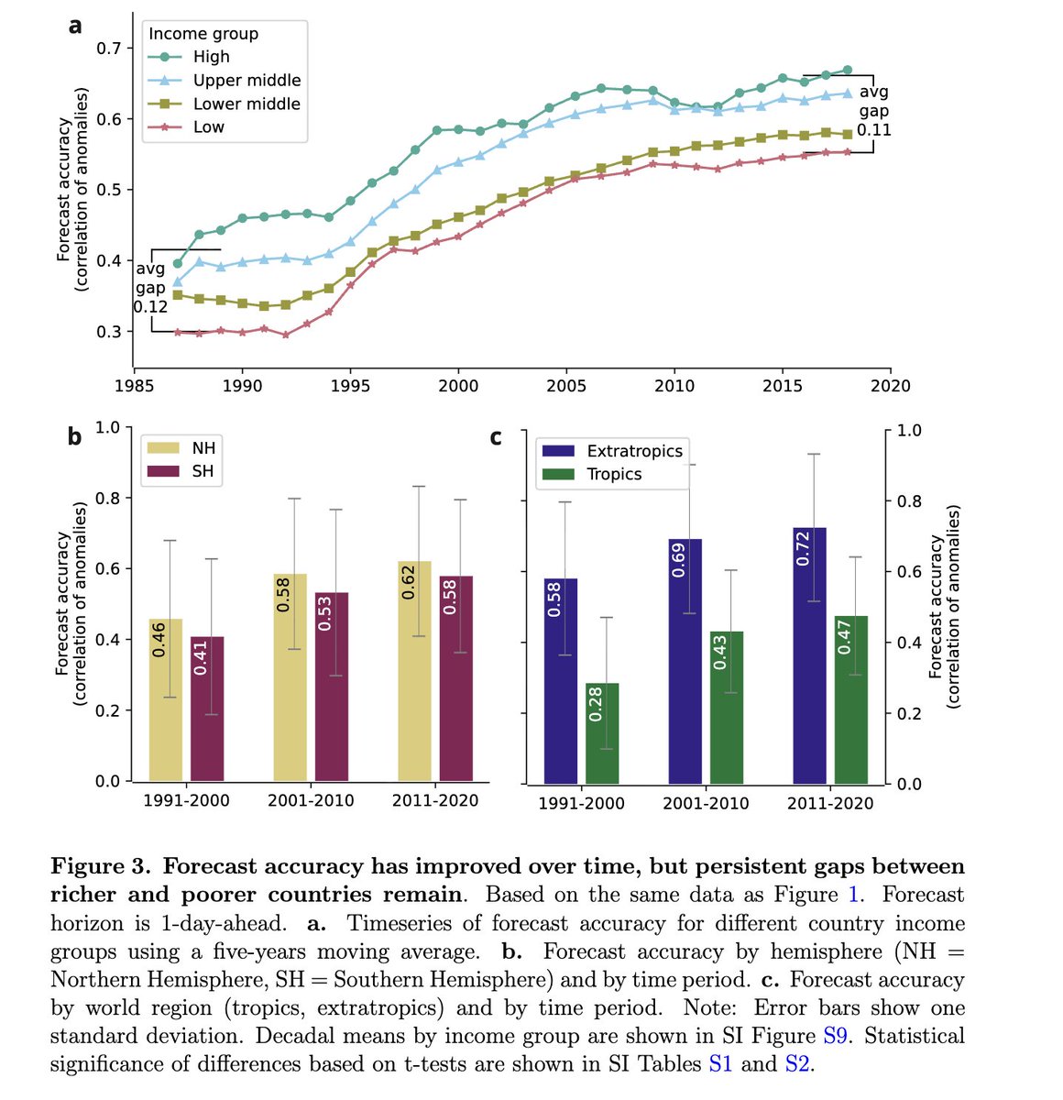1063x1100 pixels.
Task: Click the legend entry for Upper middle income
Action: coord(247,81)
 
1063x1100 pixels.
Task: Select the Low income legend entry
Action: coord(208,127)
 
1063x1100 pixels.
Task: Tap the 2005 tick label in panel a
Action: coord(566,386)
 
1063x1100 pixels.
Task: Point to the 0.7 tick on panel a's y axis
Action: coord(108,48)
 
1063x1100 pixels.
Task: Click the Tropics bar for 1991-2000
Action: coord(602,732)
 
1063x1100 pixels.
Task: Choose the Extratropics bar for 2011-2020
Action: coord(809,655)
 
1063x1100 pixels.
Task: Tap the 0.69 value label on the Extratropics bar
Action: coord(679,560)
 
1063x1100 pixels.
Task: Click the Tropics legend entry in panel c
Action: coord(614,475)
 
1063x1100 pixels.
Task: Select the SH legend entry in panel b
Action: coord(203,472)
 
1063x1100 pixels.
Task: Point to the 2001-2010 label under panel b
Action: coord(311,801)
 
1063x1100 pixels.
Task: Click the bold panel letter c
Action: coord(496,437)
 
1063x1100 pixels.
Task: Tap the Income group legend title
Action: coord(203,34)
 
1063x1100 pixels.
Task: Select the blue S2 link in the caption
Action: coord(797,1064)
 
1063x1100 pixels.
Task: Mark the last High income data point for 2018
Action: coord(848,71)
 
